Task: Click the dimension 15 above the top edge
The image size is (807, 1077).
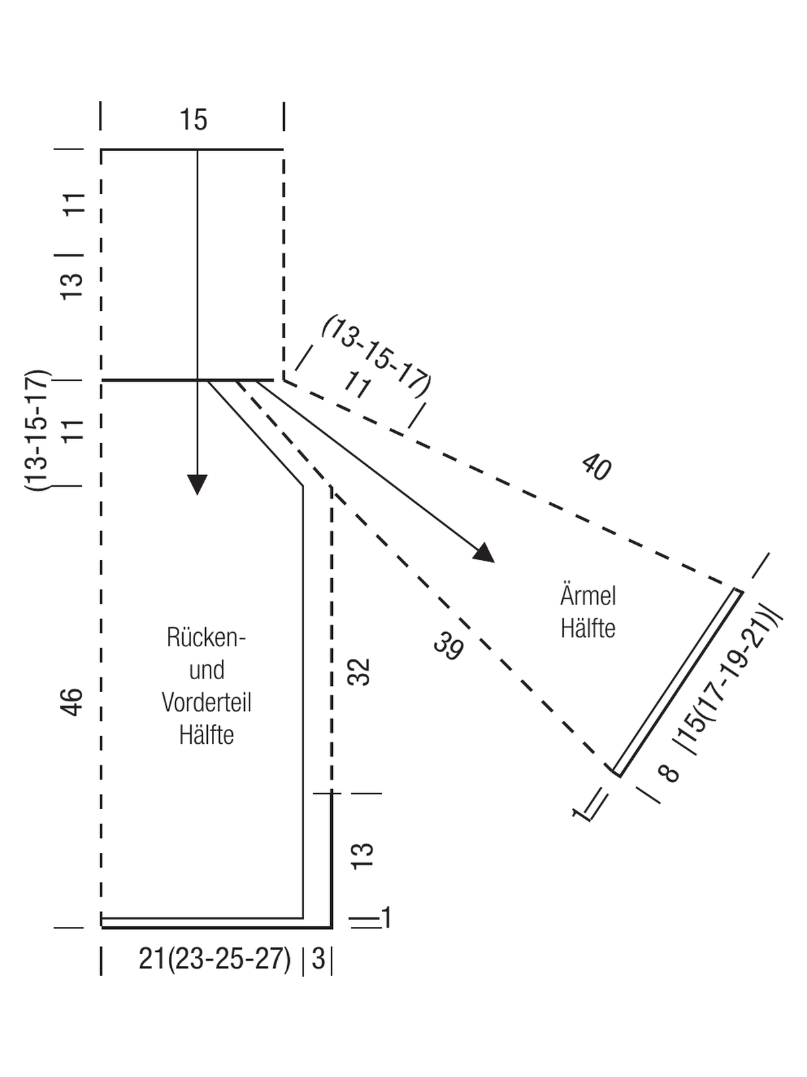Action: click(x=193, y=120)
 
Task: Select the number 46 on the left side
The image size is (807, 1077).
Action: click(x=72, y=702)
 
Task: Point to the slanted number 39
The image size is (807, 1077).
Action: click(x=448, y=646)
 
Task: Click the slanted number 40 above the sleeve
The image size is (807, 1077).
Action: click(x=596, y=466)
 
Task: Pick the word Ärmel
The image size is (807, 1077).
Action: click(x=588, y=595)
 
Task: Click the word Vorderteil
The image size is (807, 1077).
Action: click(x=206, y=702)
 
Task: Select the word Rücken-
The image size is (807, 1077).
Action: click(x=206, y=636)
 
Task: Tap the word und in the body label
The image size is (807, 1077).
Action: click(x=206, y=670)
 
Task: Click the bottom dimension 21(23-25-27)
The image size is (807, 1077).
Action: click(x=215, y=959)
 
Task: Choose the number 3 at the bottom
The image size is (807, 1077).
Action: click(x=318, y=959)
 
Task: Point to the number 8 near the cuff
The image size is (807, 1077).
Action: click(x=669, y=773)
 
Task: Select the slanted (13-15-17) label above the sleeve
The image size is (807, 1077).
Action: click(x=377, y=356)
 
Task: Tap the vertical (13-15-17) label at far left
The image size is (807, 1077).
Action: click(x=37, y=430)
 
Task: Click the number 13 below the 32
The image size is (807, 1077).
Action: click(x=362, y=856)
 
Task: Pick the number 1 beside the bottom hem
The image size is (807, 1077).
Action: click(x=387, y=917)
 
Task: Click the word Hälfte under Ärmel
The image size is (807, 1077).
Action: click(x=588, y=628)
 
